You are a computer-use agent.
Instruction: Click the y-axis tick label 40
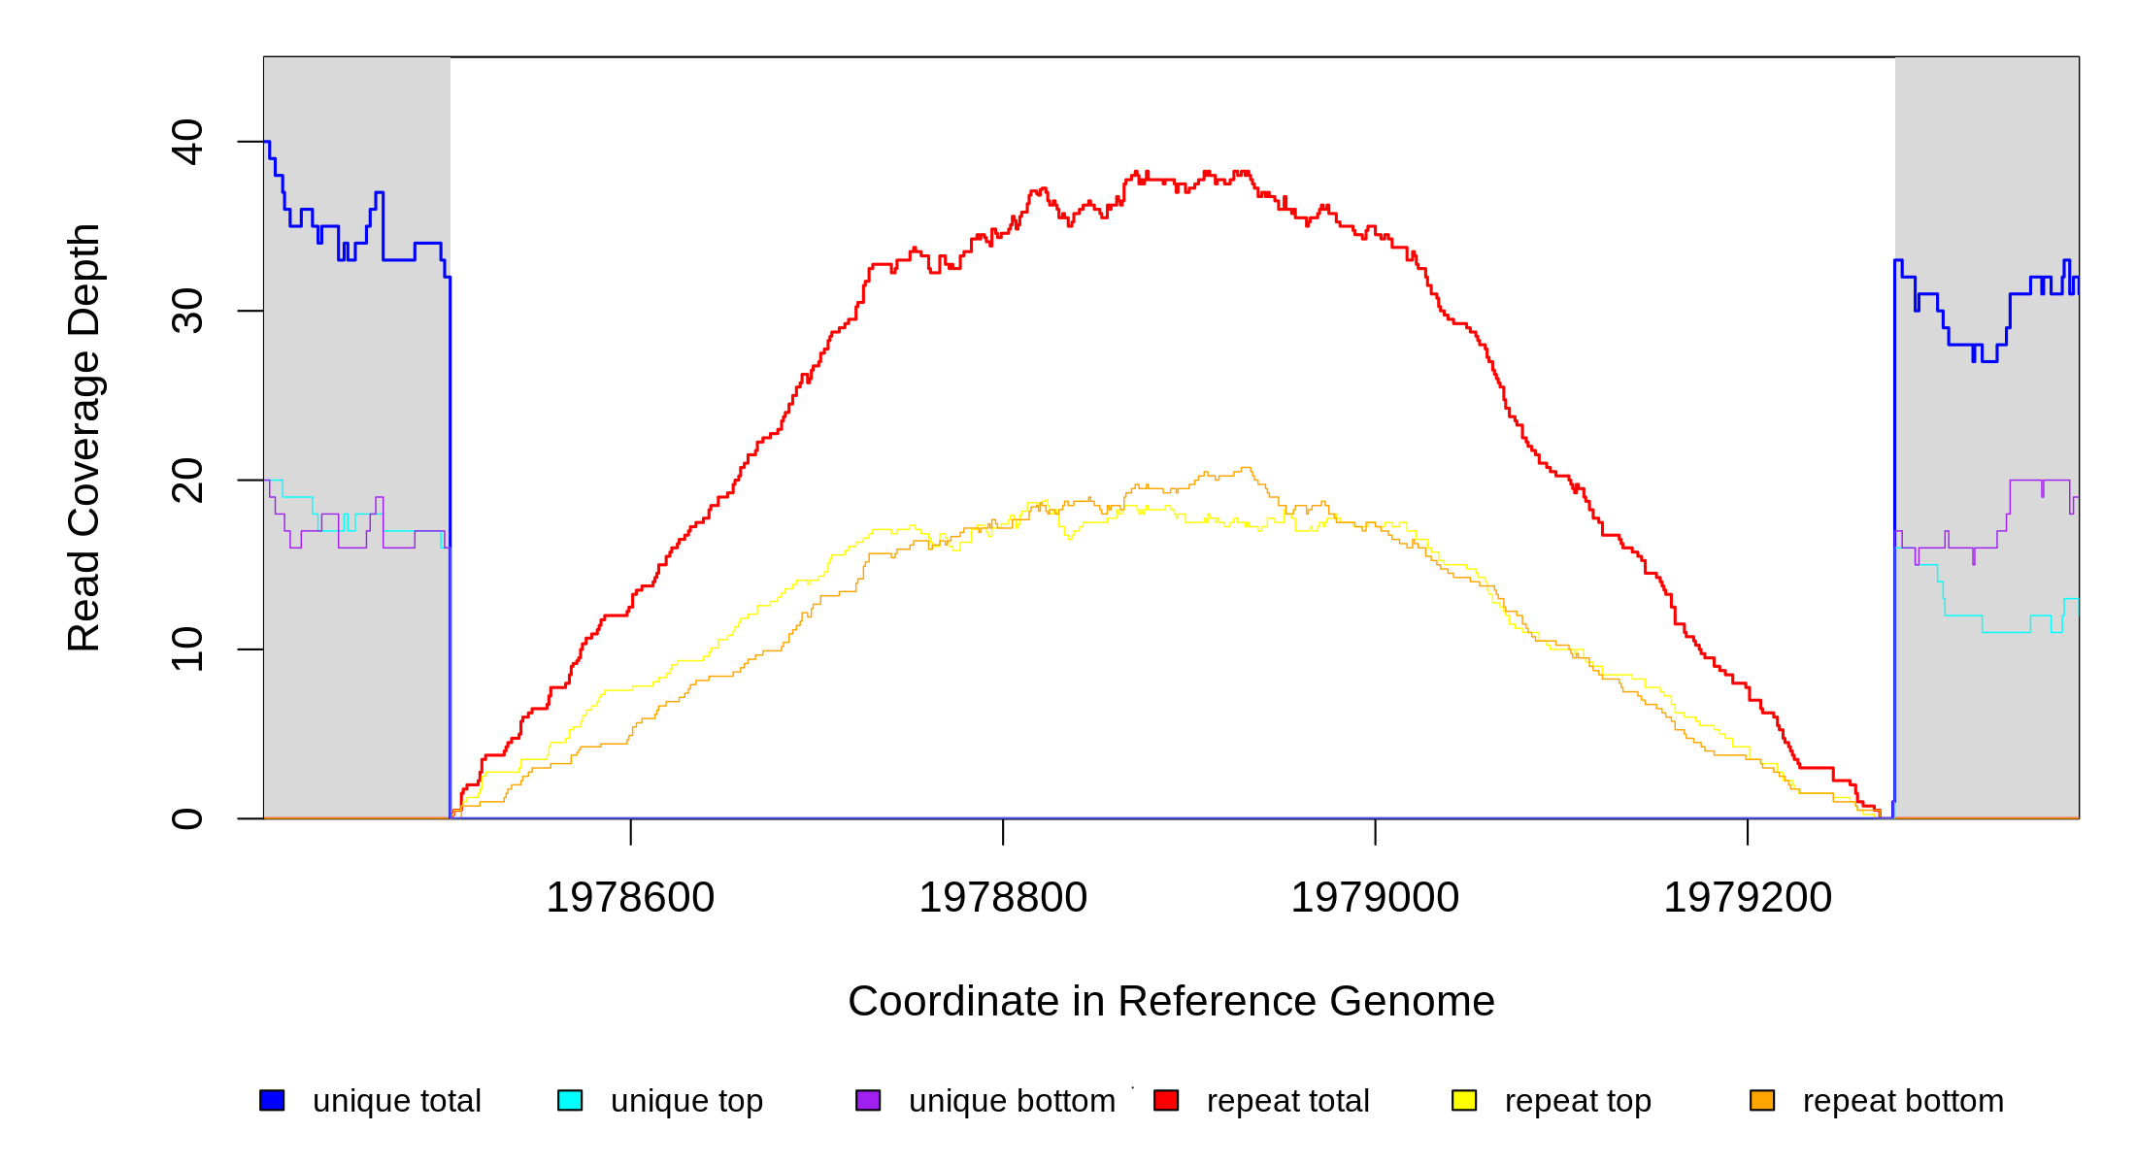(187, 142)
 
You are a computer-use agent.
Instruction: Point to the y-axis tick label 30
(187, 311)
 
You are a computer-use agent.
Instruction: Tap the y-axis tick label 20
(187, 481)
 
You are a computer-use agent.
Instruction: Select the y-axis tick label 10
(187, 649)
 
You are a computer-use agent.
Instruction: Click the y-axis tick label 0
(187, 818)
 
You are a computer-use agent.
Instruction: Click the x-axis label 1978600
(630, 898)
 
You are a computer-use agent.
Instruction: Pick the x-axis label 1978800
(1003, 898)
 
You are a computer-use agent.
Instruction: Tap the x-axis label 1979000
(1375, 898)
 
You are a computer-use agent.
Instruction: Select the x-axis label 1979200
(1748, 898)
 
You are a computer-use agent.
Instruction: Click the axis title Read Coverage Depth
(84, 437)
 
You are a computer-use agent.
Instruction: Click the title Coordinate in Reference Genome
(1171, 1002)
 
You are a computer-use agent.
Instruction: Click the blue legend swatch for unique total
(272, 1100)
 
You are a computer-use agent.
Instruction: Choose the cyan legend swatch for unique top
(570, 1100)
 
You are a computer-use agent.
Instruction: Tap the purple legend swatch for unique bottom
(868, 1100)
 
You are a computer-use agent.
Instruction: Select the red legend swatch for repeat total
(1166, 1100)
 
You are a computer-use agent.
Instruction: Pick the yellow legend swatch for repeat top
(1464, 1100)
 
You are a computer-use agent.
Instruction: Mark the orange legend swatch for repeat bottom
(1762, 1100)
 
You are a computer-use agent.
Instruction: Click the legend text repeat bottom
(1903, 1101)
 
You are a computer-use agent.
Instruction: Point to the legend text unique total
(396, 1101)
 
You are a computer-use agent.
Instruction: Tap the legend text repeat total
(1287, 1101)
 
